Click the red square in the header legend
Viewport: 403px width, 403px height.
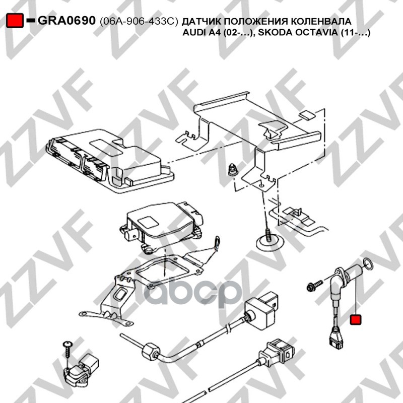pyautogui.click(x=15, y=20)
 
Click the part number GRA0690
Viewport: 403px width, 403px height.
pyautogui.click(x=66, y=20)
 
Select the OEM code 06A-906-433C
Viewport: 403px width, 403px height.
pyautogui.click(x=139, y=22)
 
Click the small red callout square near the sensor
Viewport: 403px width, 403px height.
pyautogui.click(x=356, y=319)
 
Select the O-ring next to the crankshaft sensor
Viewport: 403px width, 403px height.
pyautogui.click(x=368, y=264)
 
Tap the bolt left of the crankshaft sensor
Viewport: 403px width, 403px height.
pyautogui.click(x=314, y=285)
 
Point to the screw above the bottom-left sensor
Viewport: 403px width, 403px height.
pyautogui.click(x=68, y=350)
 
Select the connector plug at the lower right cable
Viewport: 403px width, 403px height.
pyautogui.click(x=280, y=352)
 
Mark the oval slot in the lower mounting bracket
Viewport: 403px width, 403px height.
pyautogui.click(x=120, y=294)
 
